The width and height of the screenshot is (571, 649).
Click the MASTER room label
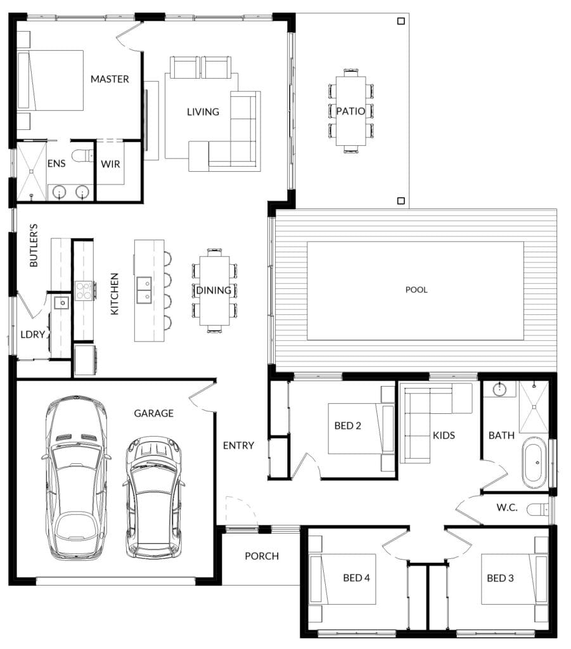click(110, 79)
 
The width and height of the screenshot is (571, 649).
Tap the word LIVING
click(203, 112)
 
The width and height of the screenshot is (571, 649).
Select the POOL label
click(416, 290)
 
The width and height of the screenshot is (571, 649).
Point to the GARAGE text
click(153, 413)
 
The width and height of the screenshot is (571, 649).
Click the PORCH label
click(262, 556)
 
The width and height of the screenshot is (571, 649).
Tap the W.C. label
click(507, 508)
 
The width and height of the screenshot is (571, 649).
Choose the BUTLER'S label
click(34, 245)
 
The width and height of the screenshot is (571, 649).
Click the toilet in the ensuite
click(83, 156)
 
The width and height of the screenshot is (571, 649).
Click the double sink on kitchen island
click(144, 290)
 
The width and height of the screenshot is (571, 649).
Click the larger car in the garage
click(76, 478)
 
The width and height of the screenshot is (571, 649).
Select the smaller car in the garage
click(153, 498)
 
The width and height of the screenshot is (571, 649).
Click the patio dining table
click(351, 111)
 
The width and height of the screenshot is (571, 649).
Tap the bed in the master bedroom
click(51, 80)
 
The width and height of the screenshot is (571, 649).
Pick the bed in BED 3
click(515, 579)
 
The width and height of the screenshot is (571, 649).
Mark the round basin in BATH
click(500, 389)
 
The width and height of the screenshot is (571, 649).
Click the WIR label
click(110, 164)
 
